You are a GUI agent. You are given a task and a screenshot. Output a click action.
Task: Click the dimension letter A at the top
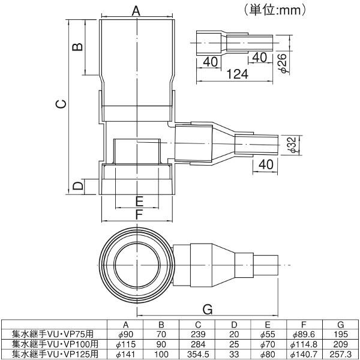coord(136,10)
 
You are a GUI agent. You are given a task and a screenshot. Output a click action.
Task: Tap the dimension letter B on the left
coord(77,47)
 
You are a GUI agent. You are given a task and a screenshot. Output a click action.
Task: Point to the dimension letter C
coord(60,104)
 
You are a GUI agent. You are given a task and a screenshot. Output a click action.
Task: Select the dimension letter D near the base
coord(77,187)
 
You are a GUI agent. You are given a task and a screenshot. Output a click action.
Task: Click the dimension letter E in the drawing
coord(139,200)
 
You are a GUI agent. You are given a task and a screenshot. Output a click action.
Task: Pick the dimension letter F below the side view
coord(139,214)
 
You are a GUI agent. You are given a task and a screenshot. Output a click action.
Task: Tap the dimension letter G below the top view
coord(208,309)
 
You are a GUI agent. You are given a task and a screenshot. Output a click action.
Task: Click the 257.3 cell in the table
coord(340,353)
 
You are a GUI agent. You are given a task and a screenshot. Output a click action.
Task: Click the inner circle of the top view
coord(139,263)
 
